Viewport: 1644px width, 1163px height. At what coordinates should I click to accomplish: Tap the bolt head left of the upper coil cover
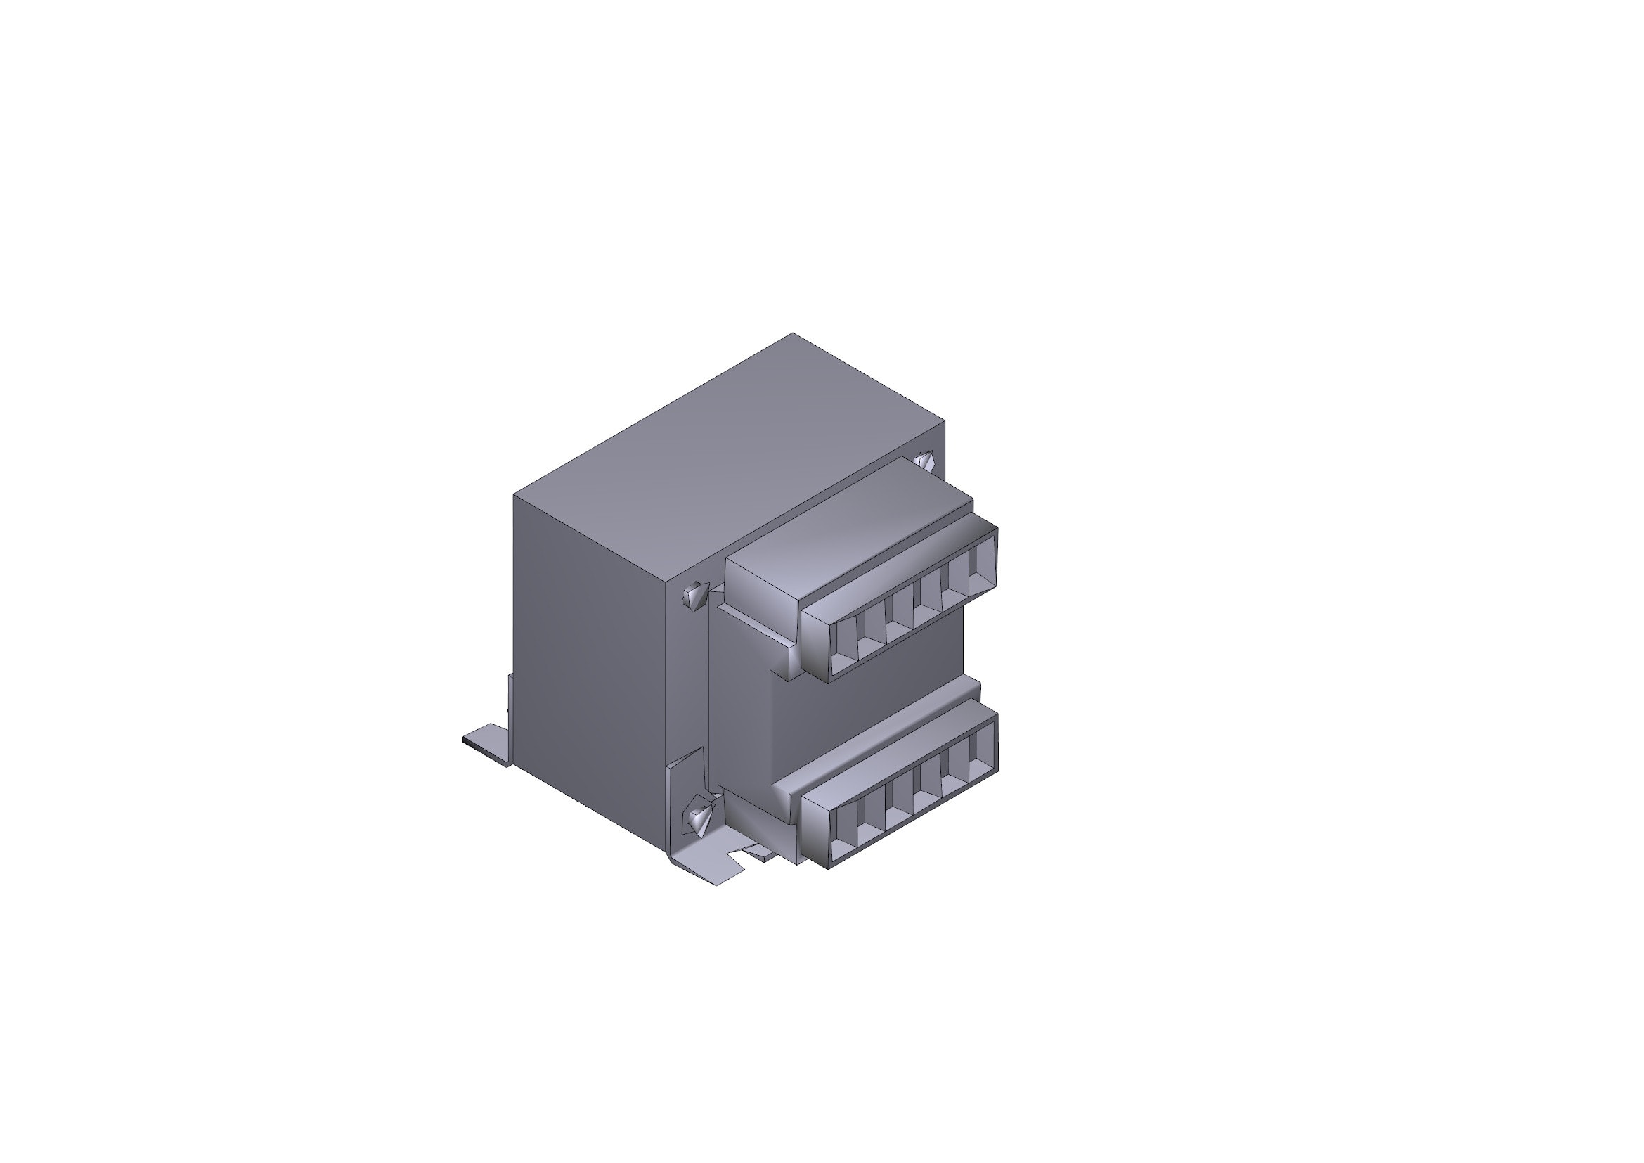694,594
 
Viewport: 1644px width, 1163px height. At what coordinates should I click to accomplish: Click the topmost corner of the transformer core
793,334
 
